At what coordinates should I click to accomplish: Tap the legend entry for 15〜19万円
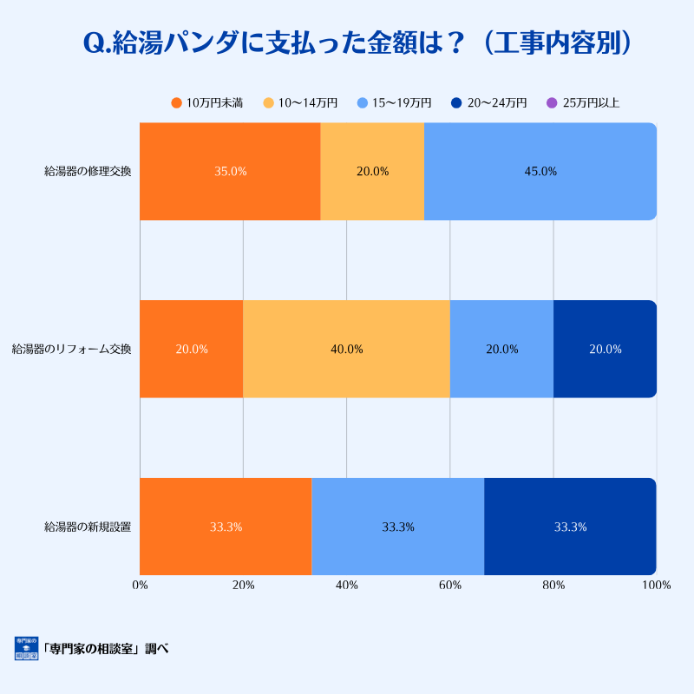point(394,103)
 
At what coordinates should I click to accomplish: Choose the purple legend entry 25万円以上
point(583,103)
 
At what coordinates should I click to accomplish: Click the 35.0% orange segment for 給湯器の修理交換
point(230,172)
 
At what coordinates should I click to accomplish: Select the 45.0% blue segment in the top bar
point(540,172)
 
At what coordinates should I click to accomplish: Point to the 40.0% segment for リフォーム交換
point(346,350)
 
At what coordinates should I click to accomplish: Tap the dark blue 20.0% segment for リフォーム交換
point(605,350)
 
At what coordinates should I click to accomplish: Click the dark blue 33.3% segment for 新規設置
point(570,527)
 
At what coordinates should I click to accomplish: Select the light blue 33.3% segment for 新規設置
point(397,527)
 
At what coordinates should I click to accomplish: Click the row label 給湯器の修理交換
point(88,172)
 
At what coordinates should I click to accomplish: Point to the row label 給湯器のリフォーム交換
point(71,350)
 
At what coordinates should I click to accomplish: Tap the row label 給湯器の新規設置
point(88,527)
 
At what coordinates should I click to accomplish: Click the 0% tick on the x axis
point(140,586)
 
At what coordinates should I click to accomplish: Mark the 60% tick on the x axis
point(449,586)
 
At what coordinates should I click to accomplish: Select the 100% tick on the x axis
point(656,586)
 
